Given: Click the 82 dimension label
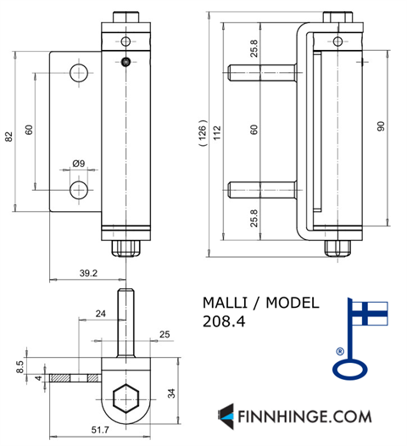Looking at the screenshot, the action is [x=9, y=137].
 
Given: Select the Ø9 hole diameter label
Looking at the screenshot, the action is [x=79, y=164].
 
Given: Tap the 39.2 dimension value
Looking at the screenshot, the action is [x=88, y=273].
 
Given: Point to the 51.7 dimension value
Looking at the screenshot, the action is [x=100, y=430].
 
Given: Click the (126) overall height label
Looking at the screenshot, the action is [x=203, y=133].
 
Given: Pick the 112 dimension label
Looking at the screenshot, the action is [x=217, y=133].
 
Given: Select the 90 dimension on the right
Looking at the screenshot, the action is [x=381, y=126].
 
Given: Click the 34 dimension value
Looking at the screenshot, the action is [x=171, y=393].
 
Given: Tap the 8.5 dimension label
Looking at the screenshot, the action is [x=20, y=367].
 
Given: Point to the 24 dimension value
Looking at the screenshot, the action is [x=101, y=314].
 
